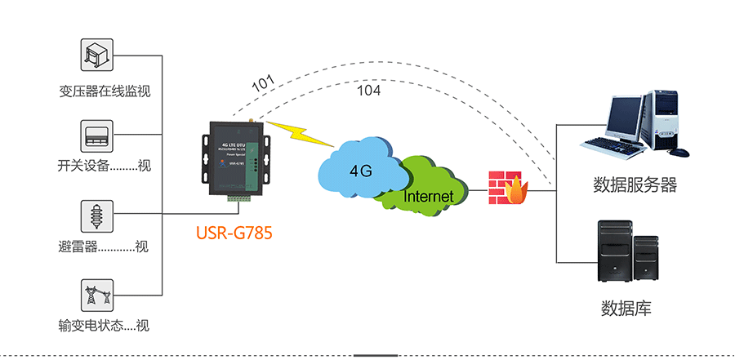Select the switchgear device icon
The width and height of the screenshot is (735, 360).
[98, 134]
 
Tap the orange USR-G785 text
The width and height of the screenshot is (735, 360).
[234, 233]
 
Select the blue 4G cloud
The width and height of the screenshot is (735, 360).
[359, 167]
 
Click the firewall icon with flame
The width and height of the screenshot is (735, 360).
[505, 188]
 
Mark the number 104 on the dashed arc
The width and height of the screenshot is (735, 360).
[369, 91]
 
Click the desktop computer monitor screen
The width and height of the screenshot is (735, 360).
[623, 118]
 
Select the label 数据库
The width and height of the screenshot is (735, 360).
[626, 309]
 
